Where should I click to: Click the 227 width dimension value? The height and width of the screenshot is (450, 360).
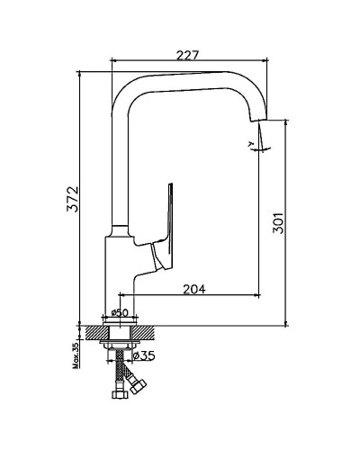pos(187,55)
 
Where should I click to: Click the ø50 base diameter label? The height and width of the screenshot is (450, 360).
pos(117,313)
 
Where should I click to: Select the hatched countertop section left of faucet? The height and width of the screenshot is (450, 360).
pos(91,329)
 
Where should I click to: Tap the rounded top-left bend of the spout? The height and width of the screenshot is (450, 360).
pos(126,85)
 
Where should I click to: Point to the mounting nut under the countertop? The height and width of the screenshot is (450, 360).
pos(119,343)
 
